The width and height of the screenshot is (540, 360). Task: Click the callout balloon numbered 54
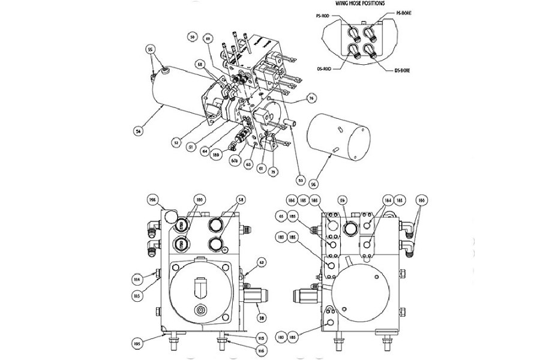140,129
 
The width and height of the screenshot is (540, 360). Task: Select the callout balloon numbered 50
192,38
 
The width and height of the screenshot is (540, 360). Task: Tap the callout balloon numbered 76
311,98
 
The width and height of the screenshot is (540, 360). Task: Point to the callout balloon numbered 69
208,38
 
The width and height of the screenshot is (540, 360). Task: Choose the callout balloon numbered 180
199,200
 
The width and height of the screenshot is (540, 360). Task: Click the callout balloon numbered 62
261,262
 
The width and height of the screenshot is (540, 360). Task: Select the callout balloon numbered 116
262,349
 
